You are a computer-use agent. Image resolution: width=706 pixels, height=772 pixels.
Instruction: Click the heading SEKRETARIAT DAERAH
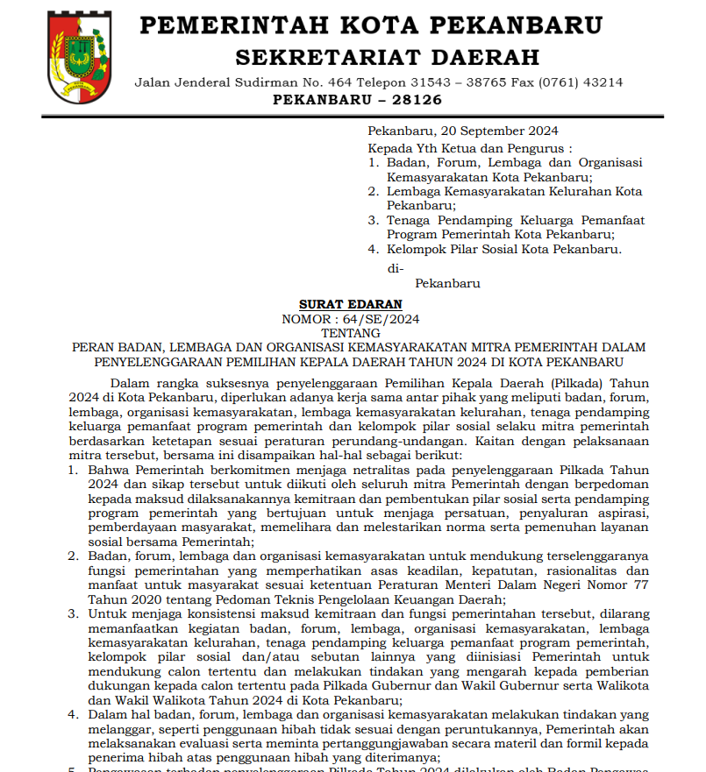click(387, 58)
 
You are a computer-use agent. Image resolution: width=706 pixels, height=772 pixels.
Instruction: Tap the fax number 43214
click(603, 82)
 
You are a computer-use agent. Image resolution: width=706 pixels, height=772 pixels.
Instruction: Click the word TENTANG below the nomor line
click(350, 333)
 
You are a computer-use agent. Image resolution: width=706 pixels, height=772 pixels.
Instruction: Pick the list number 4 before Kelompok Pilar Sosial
click(373, 249)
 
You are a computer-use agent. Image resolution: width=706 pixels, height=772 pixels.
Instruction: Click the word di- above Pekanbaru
click(396, 269)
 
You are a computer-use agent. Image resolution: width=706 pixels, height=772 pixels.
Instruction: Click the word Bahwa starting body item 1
click(107, 470)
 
